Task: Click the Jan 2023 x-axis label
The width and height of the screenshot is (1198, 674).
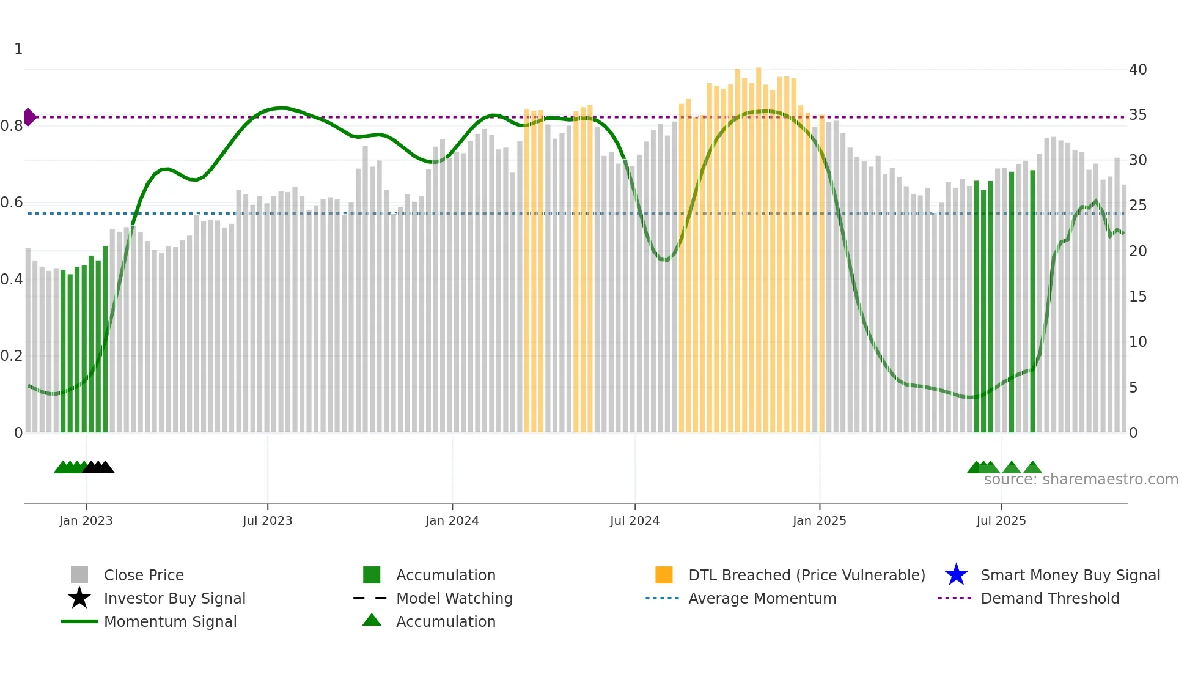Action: click(x=86, y=520)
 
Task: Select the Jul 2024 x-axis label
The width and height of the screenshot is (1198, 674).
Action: click(x=634, y=520)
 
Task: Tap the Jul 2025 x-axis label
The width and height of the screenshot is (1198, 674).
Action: click(x=1001, y=520)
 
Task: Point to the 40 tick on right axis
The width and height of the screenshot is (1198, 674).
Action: click(x=1137, y=70)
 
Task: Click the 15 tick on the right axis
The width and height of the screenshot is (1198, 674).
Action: click(x=1137, y=297)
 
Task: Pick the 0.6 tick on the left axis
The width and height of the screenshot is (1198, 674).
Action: click(x=12, y=202)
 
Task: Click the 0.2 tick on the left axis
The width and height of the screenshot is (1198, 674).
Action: click(x=12, y=356)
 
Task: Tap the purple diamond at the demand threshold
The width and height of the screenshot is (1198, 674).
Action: click(x=29, y=117)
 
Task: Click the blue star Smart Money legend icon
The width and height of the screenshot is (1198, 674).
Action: click(x=956, y=575)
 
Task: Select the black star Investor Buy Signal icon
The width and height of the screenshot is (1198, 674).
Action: click(x=79, y=598)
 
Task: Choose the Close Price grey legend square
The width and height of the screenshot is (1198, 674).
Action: click(x=79, y=575)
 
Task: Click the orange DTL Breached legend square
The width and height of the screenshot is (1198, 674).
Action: click(x=664, y=575)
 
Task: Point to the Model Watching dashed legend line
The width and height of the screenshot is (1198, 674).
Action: click(x=370, y=598)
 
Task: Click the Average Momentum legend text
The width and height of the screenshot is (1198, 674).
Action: click(x=762, y=598)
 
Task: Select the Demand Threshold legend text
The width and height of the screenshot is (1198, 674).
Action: click(x=1049, y=598)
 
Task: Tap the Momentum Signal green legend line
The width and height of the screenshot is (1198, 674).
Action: click(x=79, y=621)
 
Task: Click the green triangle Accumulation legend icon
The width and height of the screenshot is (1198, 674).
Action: click(x=372, y=620)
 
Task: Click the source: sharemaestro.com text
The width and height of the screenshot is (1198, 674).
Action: click(x=1081, y=480)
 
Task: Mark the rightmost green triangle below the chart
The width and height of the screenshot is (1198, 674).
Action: click(x=1032, y=468)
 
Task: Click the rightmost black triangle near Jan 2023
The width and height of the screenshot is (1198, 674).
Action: click(x=106, y=468)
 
